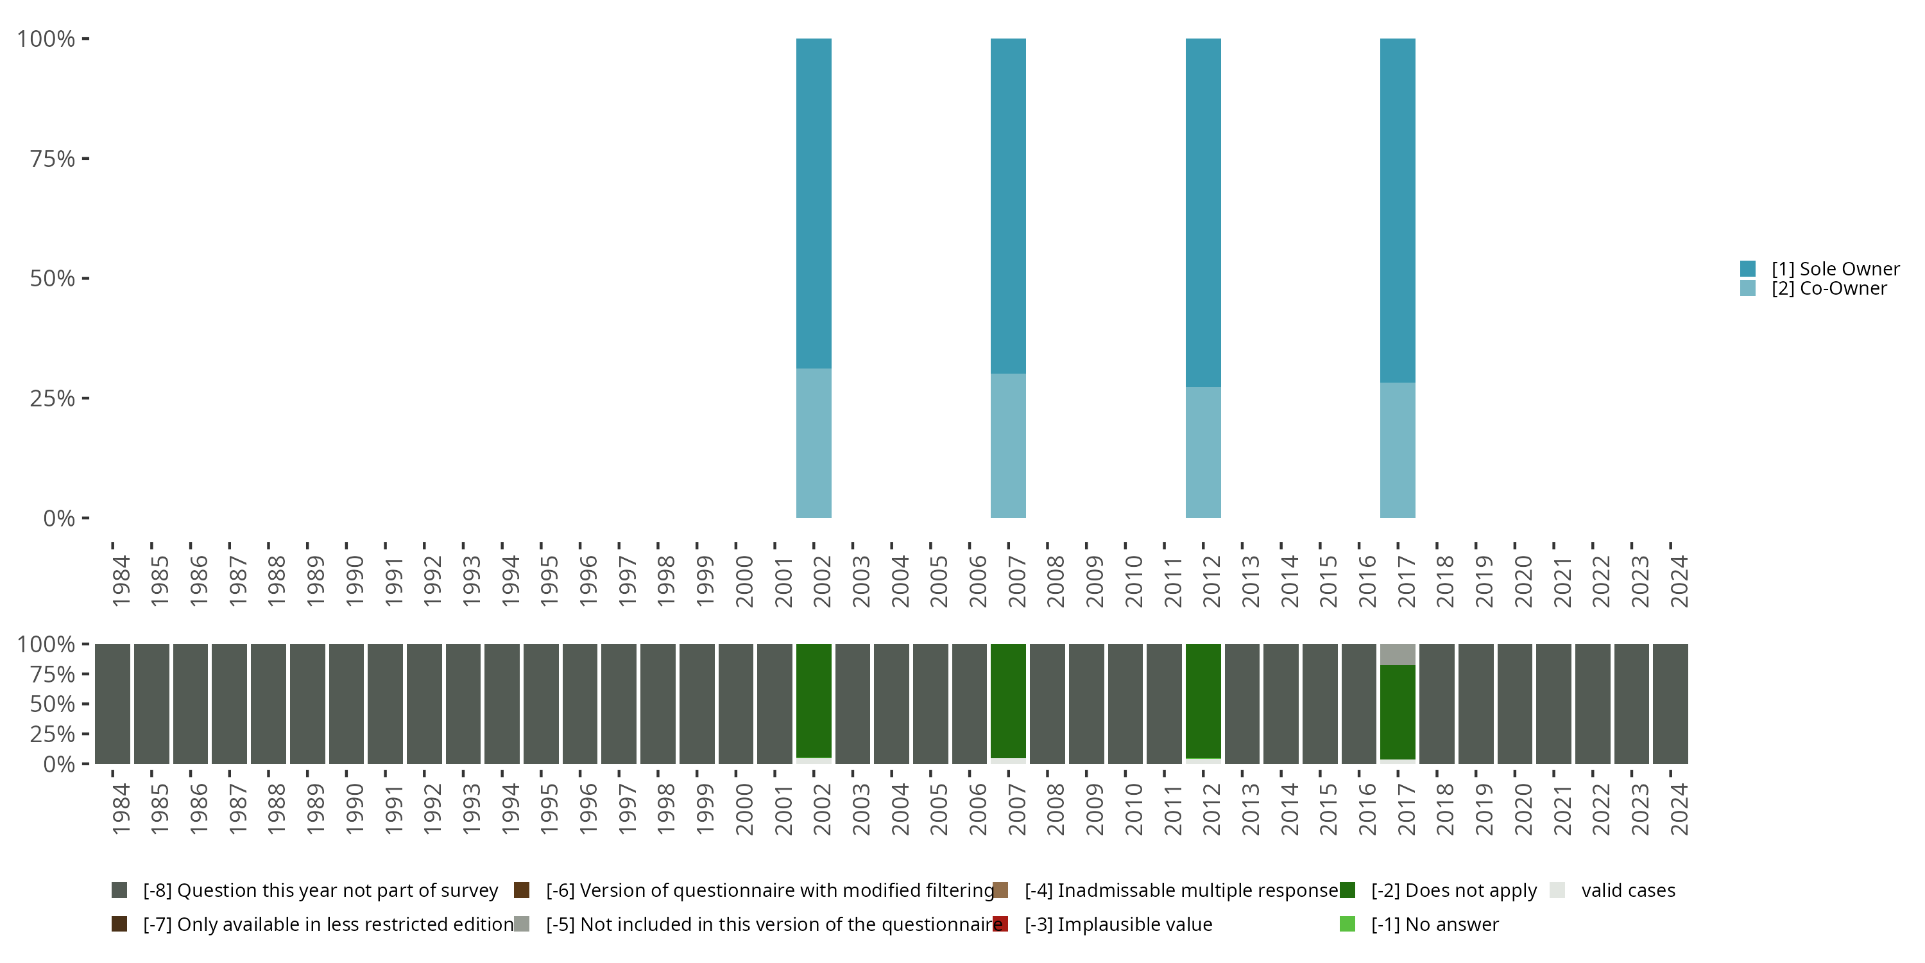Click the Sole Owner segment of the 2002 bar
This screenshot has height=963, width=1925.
[x=814, y=202]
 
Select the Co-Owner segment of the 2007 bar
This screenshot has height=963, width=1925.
[x=1008, y=446]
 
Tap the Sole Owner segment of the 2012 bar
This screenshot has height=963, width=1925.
[x=1203, y=213]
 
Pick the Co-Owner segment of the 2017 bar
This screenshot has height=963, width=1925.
[x=1398, y=450]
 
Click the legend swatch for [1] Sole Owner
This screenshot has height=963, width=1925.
[x=1748, y=268]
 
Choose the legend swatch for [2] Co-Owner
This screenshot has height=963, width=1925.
[x=1748, y=288]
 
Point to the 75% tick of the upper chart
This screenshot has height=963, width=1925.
[x=85, y=159]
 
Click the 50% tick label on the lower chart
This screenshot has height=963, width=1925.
[x=53, y=704]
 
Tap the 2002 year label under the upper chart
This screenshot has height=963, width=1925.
[x=822, y=581]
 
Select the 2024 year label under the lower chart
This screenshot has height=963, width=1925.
[x=1679, y=809]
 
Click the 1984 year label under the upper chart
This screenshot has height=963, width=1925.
[x=121, y=581]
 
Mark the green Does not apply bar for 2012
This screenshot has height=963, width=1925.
[x=1203, y=700]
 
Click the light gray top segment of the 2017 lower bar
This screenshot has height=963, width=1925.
[x=1398, y=654]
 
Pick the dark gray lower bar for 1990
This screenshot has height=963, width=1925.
[x=346, y=704]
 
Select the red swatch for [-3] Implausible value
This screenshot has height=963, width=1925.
[x=1000, y=924]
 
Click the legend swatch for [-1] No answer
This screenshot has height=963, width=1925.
[x=1347, y=924]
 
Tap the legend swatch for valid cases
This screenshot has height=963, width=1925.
[x=1557, y=890]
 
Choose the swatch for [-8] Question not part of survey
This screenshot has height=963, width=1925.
[x=119, y=890]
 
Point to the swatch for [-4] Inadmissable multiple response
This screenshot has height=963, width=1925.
[x=1000, y=890]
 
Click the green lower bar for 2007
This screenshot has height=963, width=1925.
[x=1008, y=700]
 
